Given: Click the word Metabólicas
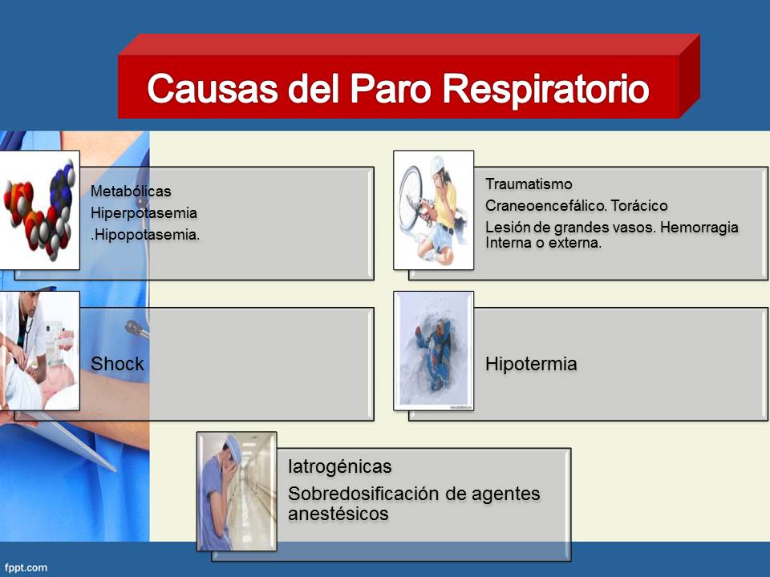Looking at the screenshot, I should point(131,192).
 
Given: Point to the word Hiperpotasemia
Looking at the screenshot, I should point(144,214).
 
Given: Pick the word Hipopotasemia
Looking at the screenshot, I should point(146,236).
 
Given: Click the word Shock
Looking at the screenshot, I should point(117,364).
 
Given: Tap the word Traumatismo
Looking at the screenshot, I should point(529,185).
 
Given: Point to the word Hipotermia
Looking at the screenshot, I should point(531,364).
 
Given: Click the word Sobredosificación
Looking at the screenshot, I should point(362,494).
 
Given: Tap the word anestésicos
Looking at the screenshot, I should point(338,514).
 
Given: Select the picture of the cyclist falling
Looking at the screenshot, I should point(433,210).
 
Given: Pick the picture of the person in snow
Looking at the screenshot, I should point(433,350).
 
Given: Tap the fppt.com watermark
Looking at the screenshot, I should point(23,567).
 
